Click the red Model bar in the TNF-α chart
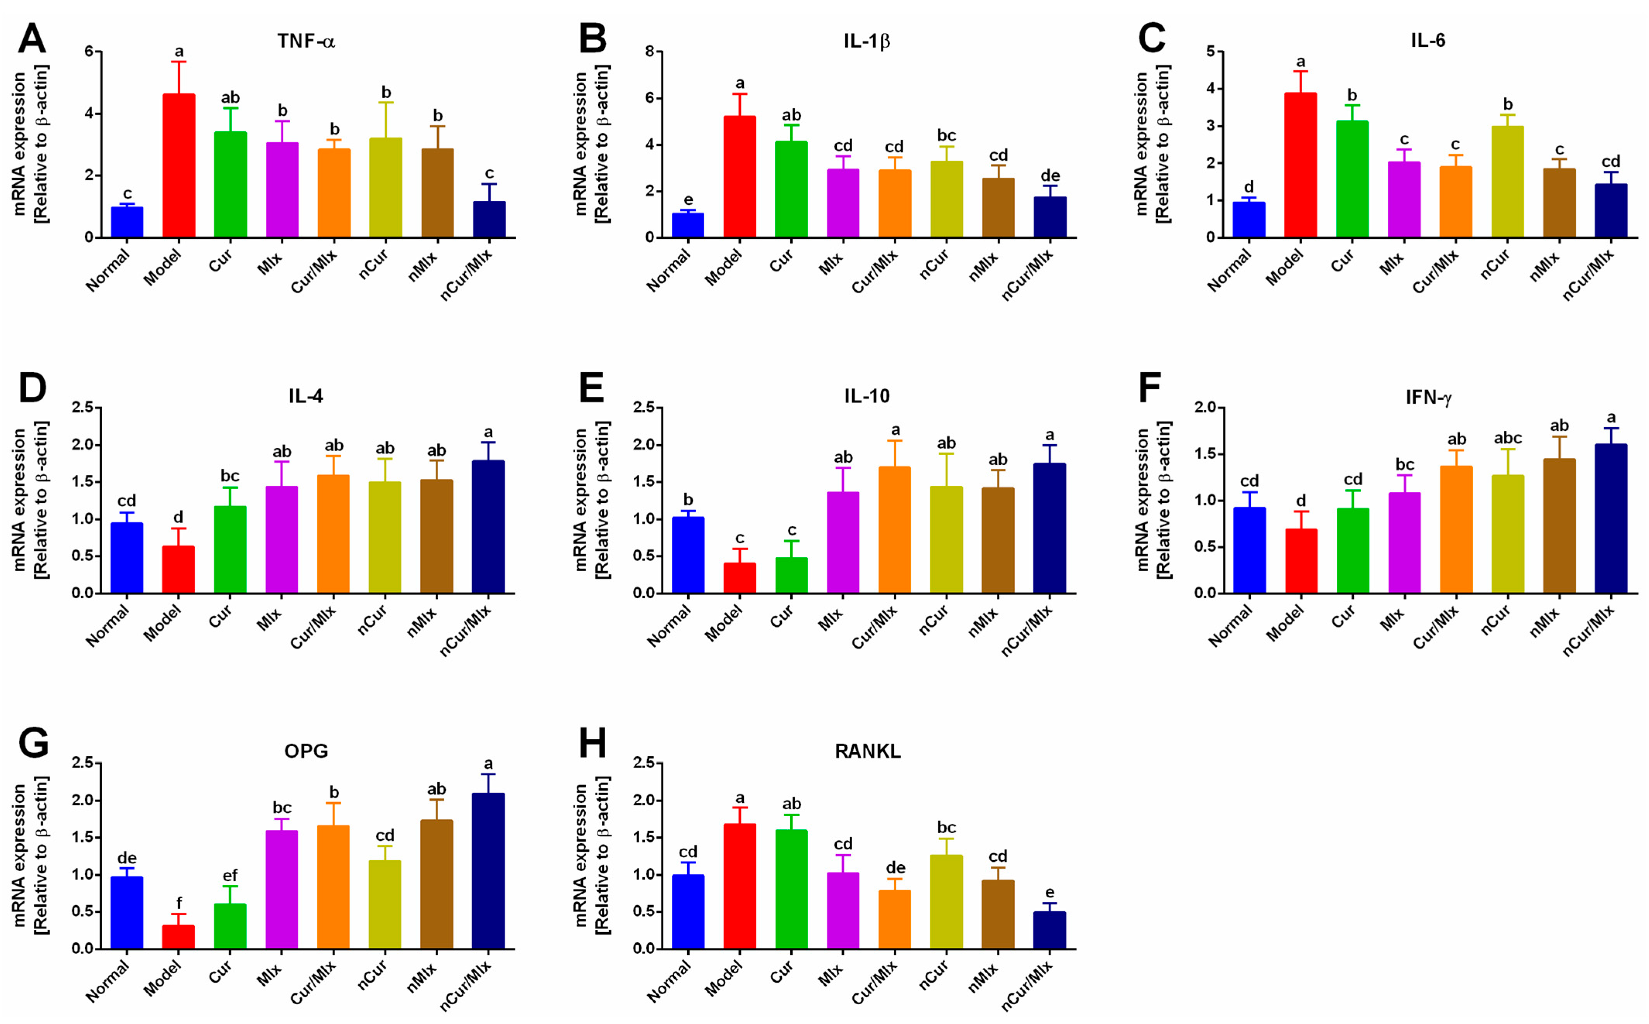tap(179, 166)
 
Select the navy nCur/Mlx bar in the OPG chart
tap(488, 871)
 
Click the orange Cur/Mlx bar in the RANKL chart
tap(895, 919)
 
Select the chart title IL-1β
tap(867, 41)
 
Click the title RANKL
tap(868, 752)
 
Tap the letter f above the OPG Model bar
tap(179, 903)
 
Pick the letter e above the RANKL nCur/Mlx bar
tap(1050, 892)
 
